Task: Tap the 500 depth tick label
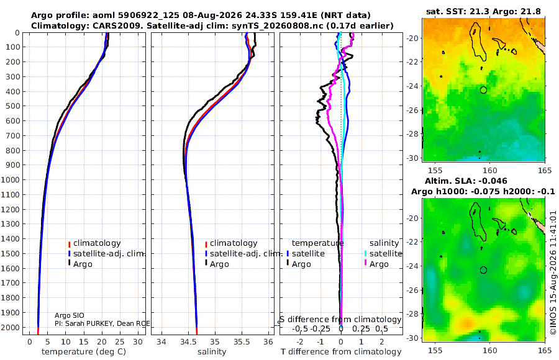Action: click(12, 106)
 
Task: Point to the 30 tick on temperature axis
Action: click(138, 341)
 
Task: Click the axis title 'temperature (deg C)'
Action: click(84, 352)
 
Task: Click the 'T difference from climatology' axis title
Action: click(341, 352)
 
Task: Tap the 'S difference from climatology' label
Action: click(340, 320)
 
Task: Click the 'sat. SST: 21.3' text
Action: click(458, 12)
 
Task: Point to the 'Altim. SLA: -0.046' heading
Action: click(466, 181)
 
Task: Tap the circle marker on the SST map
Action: click(483, 90)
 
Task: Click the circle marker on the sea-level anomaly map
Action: click(483, 270)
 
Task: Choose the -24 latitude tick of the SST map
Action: click(413, 86)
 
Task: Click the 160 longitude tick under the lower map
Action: click(490, 350)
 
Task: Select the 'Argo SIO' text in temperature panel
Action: click(70, 315)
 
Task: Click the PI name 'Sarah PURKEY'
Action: click(90, 323)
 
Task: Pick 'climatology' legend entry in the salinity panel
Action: click(234, 243)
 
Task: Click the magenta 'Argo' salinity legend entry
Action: click(379, 264)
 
